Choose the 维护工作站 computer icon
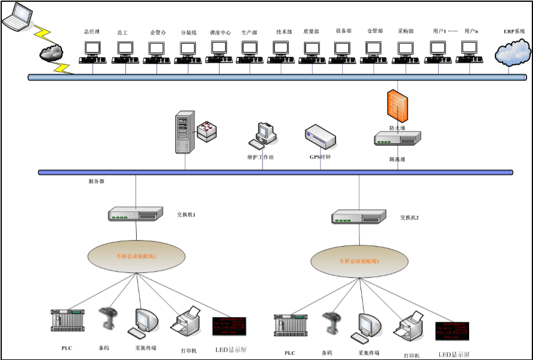click(x=263, y=136)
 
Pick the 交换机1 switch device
click(x=135, y=214)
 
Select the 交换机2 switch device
click(x=359, y=217)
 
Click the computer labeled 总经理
click(x=93, y=52)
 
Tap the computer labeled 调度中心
click(x=218, y=52)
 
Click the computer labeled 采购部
click(x=406, y=52)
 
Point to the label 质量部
click(x=311, y=32)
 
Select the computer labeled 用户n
click(x=470, y=52)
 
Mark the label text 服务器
click(x=96, y=181)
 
